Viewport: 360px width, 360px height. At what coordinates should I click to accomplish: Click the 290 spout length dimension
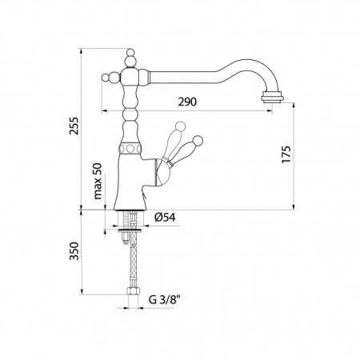tap(187, 102)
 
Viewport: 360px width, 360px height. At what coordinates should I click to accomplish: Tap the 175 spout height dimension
tap(286, 154)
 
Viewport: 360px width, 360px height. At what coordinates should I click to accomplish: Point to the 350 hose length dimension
tap(74, 251)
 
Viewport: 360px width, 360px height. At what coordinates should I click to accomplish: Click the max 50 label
tap(98, 181)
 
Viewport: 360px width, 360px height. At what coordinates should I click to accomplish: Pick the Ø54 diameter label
tap(165, 218)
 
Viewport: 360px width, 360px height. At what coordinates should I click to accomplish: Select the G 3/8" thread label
tap(165, 300)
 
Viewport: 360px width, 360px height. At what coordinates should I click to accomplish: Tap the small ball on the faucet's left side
tap(106, 78)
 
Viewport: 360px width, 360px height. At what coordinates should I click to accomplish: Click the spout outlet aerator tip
tap(273, 97)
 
